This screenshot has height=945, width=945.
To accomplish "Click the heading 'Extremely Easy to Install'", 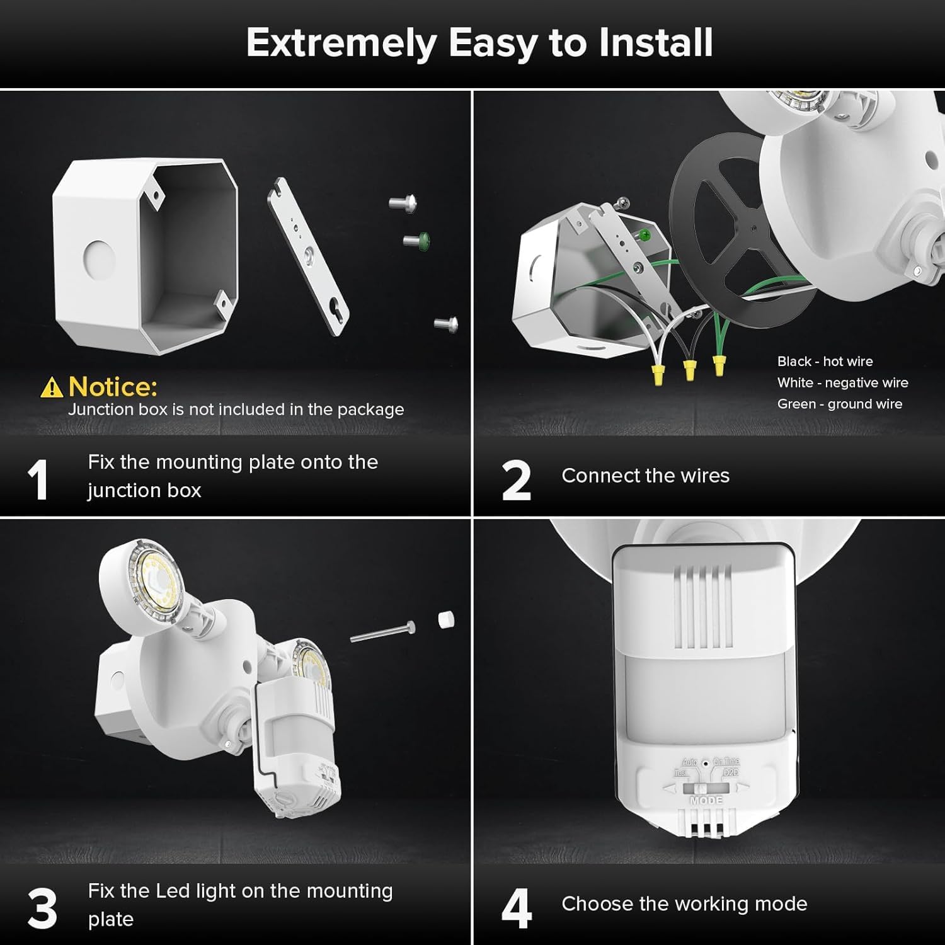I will [x=479, y=43].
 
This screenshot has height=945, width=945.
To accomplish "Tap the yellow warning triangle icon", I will [x=51, y=388].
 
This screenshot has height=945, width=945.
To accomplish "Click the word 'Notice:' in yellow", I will [x=113, y=386].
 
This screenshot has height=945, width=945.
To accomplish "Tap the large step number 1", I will [x=38, y=480].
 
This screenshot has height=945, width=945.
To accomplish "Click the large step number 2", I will [x=516, y=480].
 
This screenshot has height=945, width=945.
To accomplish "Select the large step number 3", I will [x=42, y=908].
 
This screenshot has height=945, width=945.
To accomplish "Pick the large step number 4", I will [x=516, y=908].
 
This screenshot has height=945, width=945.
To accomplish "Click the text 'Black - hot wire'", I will [x=825, y=362].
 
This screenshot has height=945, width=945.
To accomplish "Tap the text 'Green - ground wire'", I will [x=839, y=404].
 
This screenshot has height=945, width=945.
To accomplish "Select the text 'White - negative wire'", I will [x=842, y=383].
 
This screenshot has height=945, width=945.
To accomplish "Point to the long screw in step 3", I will [x=382, y=632].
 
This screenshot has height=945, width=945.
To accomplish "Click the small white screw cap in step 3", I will [x=446, y=619].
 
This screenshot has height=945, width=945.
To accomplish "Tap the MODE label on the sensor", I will [x=706, y=801].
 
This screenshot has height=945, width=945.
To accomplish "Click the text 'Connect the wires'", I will [x=645, y=476].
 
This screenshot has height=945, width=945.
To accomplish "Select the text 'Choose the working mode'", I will [x=684, y=904].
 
